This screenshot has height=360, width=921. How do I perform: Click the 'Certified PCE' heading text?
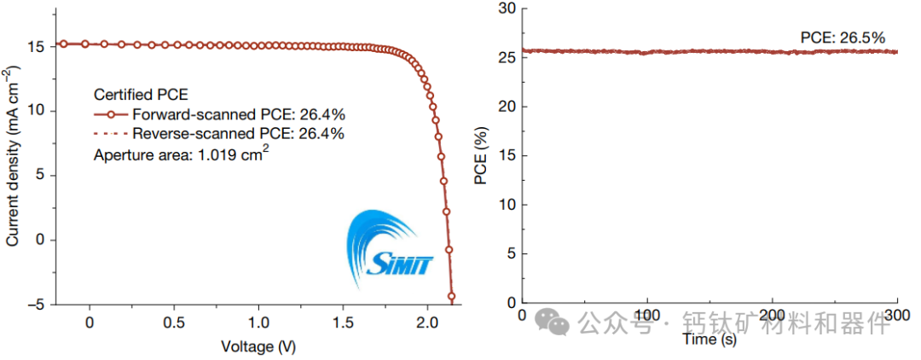(140, 94)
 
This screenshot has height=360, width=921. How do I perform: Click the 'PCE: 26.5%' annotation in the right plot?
(843, 38)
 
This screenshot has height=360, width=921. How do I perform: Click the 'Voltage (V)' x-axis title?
(258, 346)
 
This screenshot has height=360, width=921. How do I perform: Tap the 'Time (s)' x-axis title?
(709, 340)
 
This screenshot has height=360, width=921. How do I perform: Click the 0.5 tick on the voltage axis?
(174, 323)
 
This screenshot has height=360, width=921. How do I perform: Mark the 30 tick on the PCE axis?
(507, 9)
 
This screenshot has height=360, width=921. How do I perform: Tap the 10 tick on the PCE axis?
(507, 205)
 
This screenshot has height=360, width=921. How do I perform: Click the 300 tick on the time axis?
(897, 316)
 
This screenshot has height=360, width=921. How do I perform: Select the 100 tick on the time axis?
(647, 316)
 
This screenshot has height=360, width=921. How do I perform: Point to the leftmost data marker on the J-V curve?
(63, 44)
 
